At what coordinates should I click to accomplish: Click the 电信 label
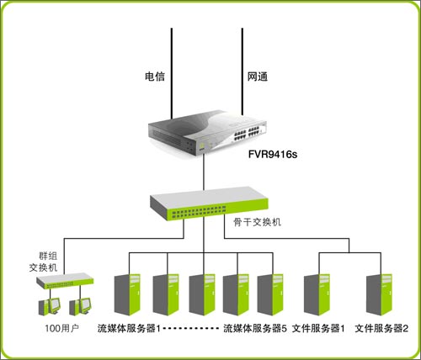[x=154, y=77]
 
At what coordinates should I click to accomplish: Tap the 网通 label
[x=258, y=77]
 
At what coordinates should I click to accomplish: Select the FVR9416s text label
[x=274, y=156]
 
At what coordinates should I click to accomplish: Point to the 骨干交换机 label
[x=258, y=222]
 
